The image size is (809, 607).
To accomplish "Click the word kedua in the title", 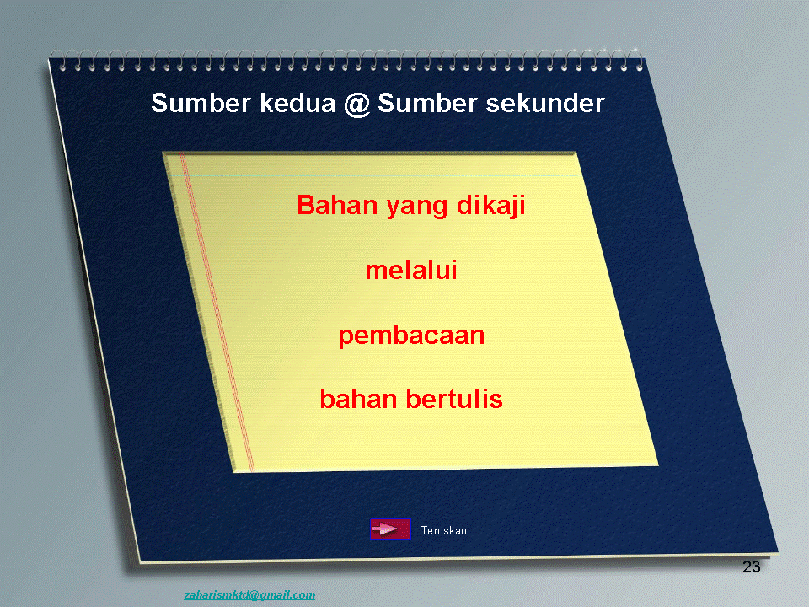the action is tap(297, 103).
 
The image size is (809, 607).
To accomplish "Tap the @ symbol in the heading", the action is tap(357, 104).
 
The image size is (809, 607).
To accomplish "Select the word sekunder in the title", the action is tap(545, 103).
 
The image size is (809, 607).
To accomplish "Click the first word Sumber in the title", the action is tap(201, 103).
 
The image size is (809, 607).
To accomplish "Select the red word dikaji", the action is tap(491, 206).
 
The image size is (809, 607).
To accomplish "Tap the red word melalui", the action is tap(411, 270).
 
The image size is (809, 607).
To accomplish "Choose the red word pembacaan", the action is tap(411, 336).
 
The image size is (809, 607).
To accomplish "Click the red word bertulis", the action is tap(454, 399).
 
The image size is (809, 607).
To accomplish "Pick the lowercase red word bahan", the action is tap(359, 399).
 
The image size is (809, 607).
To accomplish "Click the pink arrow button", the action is tap(390, 529).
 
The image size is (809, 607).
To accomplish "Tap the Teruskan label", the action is tap(444, 530).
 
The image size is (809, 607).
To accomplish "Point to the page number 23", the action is tap(751, 567).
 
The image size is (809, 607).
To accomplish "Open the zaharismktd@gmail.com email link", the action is tap(249, 595).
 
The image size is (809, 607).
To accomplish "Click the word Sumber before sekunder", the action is tap(427, 103).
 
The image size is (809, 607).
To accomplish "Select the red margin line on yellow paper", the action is tap(217, 312).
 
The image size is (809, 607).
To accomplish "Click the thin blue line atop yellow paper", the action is tap(374, 175).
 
